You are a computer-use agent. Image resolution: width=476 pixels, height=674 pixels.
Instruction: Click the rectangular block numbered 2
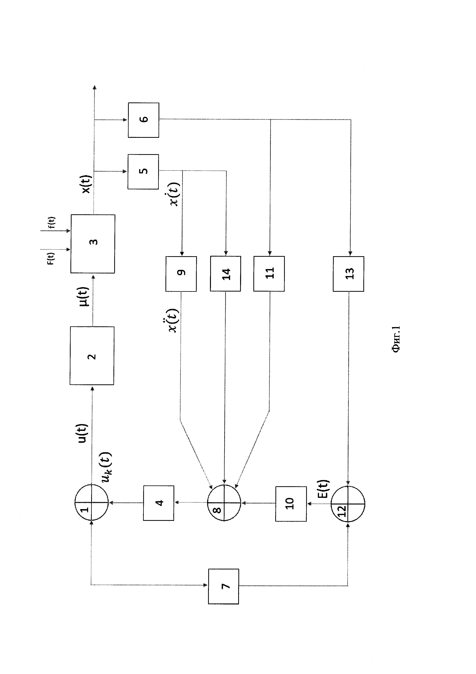tap(92, 356)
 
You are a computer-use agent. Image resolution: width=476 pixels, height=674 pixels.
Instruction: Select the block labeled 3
tap(93, 244)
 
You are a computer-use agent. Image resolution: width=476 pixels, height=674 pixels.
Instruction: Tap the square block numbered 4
tap(159, 503)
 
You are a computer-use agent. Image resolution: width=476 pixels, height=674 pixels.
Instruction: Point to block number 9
tap(181, 274)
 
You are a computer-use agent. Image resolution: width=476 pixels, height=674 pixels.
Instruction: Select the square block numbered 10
tap(291, 504)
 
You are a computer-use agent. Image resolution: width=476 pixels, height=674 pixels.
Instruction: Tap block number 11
tap(269, 274)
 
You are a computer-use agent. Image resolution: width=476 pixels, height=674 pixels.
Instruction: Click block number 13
tap(349, 274)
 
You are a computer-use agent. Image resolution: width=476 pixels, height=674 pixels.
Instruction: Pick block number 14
tap(225, 274)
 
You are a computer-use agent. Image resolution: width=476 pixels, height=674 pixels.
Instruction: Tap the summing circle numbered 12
tap(348, 504)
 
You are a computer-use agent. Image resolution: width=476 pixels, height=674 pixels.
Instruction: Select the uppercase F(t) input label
tap(51, 258)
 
